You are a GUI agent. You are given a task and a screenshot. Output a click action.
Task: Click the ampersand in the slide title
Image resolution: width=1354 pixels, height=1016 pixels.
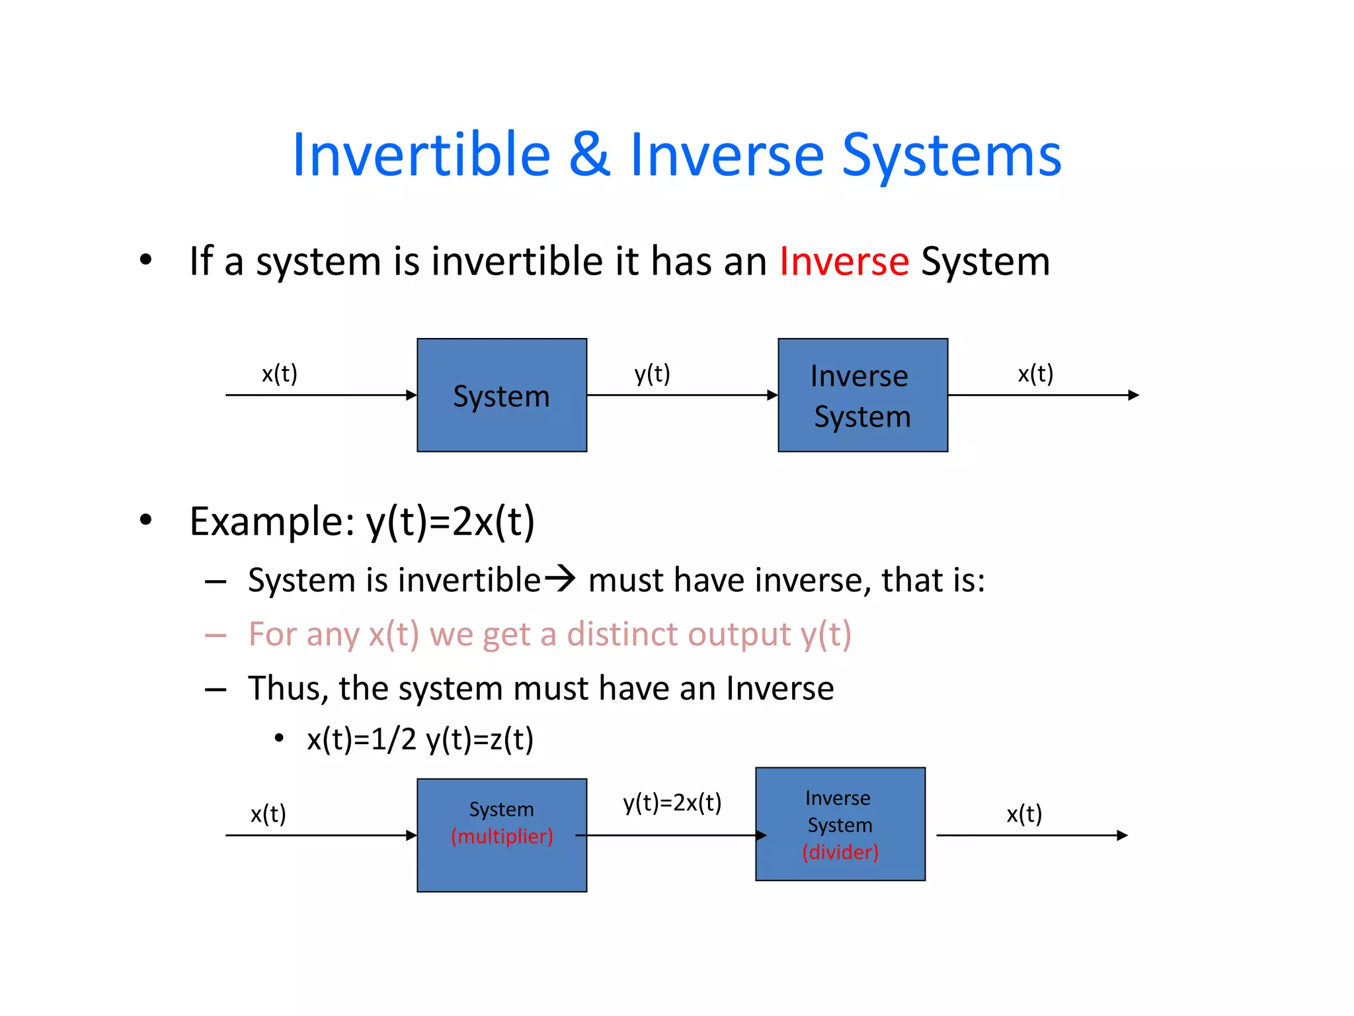tap(590, 155)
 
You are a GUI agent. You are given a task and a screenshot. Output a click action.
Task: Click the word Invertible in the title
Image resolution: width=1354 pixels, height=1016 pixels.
tap(421, 155)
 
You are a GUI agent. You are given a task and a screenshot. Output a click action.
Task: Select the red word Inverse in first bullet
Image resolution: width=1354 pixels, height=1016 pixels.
tap(844, 261)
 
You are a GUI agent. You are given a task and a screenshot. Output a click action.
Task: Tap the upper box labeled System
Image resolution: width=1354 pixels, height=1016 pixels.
tap(502, 396)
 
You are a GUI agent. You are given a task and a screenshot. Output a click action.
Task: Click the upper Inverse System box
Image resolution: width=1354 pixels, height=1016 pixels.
tap(863, 396)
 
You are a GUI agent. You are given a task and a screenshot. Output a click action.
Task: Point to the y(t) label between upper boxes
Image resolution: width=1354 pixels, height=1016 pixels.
tap(652, 374)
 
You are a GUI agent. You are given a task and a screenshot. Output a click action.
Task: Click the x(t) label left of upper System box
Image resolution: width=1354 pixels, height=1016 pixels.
tap(279, 374)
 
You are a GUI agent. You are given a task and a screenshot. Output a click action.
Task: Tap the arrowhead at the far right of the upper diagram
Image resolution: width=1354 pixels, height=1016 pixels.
tap(1133, 395)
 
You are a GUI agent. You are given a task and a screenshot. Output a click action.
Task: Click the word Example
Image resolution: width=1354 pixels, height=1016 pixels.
tap(271, 521)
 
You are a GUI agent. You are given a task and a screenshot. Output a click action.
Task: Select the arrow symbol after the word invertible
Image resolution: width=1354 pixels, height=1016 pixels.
tap(559, 579)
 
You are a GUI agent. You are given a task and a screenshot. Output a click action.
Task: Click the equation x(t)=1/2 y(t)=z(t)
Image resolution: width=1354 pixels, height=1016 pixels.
tap(420, 739)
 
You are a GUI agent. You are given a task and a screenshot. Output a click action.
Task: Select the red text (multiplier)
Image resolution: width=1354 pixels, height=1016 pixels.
tap(502, 836)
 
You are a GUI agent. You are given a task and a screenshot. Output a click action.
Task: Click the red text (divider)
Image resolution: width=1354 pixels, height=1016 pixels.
tap(840, 852)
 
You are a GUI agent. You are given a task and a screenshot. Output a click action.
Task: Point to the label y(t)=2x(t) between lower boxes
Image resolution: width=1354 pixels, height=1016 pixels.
tap(672, 802)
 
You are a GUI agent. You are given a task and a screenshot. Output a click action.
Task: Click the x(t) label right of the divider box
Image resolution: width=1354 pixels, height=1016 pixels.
tap(1024, 814)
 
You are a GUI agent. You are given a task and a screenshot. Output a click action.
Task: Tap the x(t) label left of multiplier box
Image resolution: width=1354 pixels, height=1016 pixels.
tap(268, 814)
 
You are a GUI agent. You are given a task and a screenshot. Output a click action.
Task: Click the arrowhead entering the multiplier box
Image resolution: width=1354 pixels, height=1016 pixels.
tap(411, 835)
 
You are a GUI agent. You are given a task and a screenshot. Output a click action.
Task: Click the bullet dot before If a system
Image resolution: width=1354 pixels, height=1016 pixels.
tap(145, 259)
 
